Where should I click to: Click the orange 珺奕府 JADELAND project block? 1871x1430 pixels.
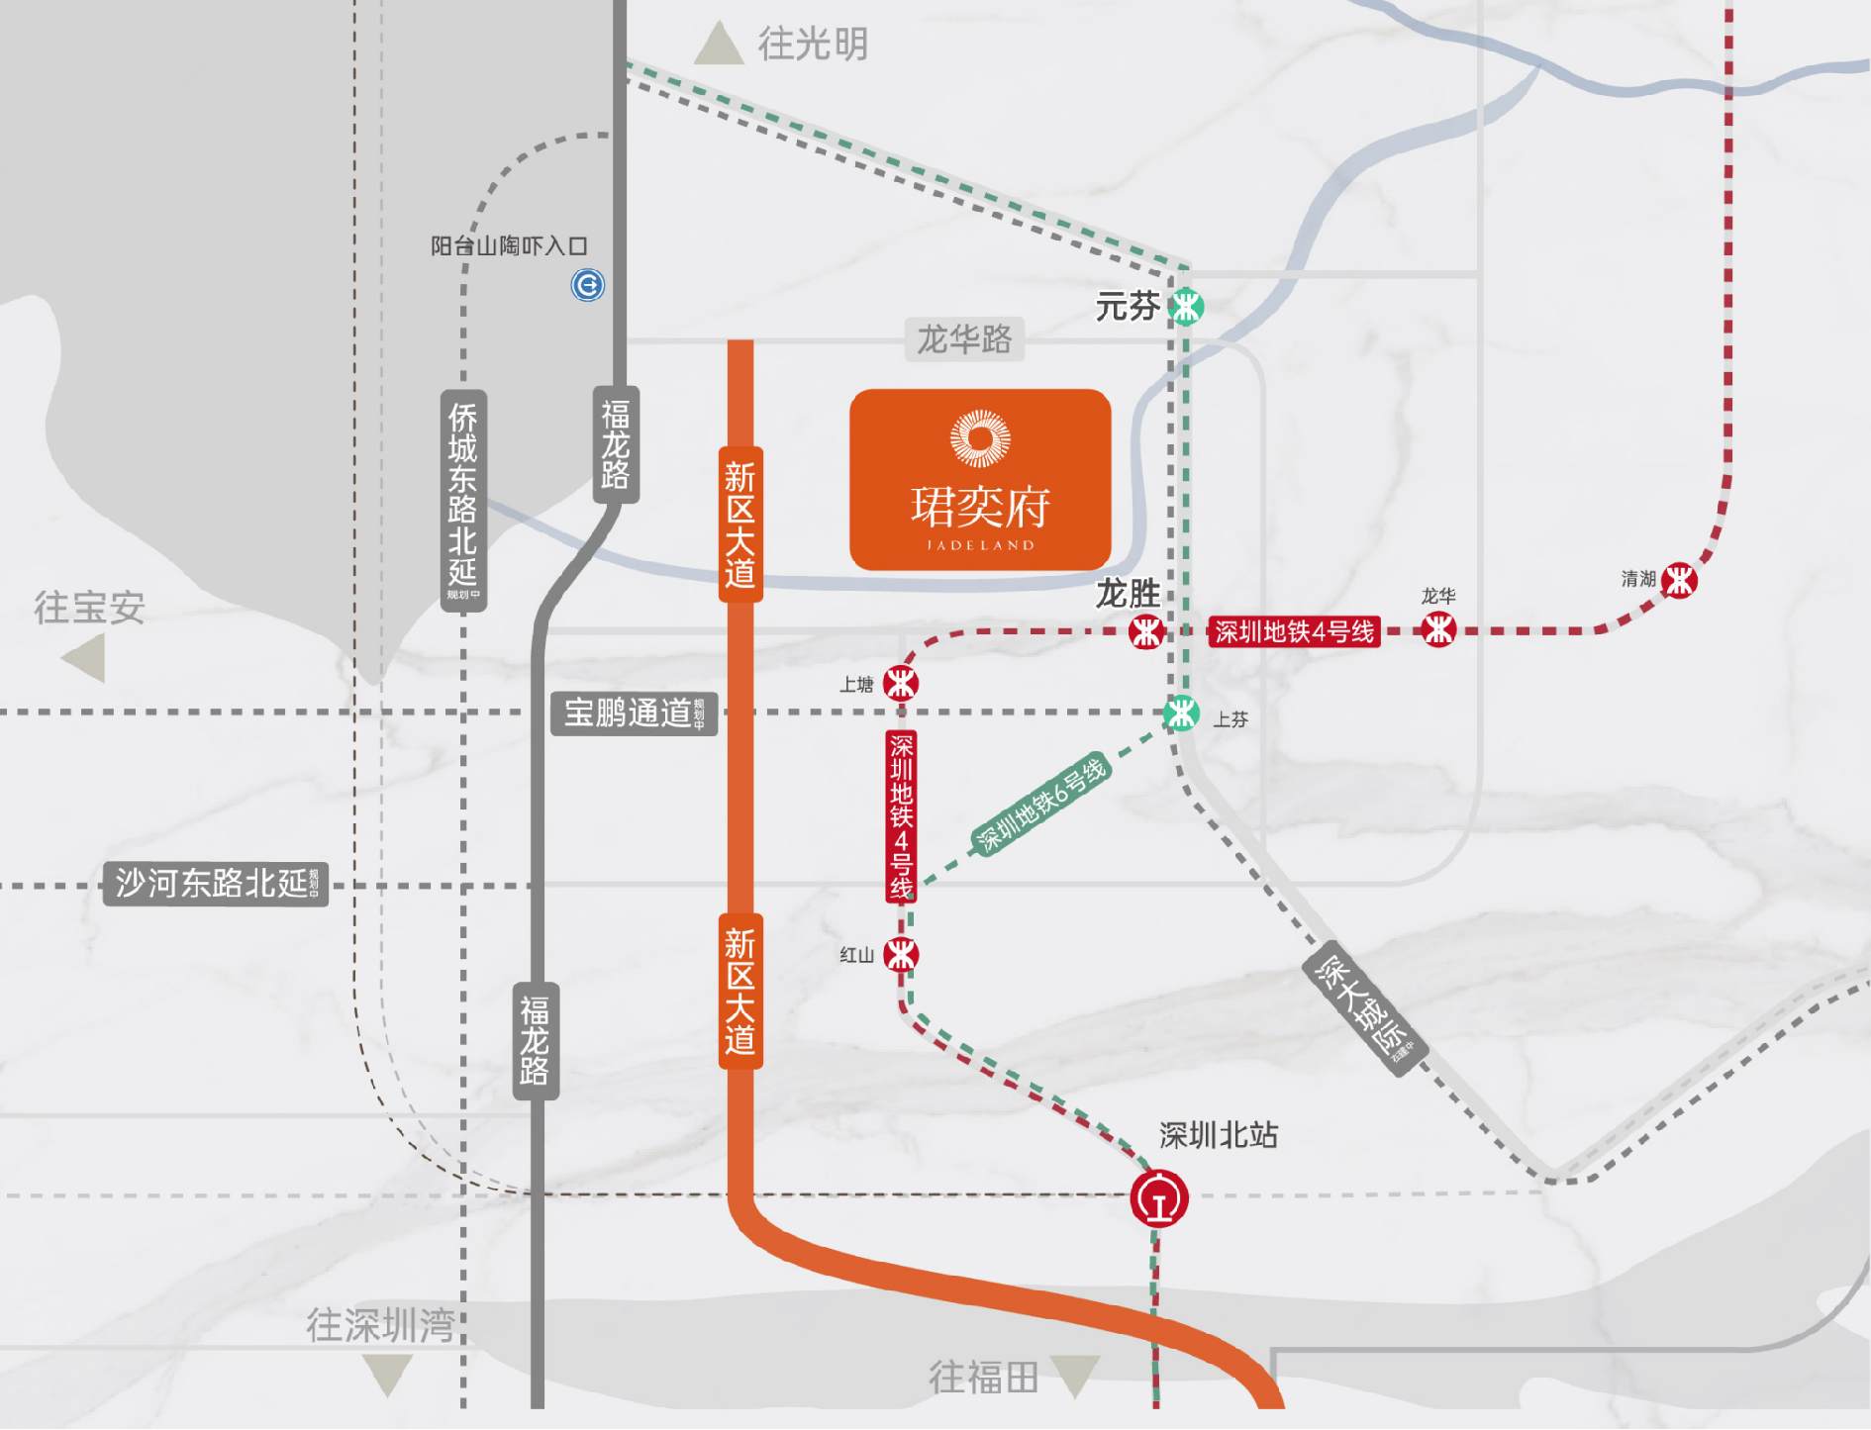(x=980, y=480)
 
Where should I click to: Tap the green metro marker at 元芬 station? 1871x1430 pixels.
(x=1186, y=306)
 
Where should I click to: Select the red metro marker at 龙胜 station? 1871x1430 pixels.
(x=1145, y=630)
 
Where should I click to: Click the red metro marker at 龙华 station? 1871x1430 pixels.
(x=1437, y=629)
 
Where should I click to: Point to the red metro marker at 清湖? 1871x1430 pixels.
(x=1679, y=580)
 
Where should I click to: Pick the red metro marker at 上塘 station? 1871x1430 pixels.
(x=901, y=683)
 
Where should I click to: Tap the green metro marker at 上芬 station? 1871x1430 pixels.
(x=1181, y=713)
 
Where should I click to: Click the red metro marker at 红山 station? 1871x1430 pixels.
(x=901, y=955)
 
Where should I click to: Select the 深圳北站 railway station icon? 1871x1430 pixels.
(x=1159, y=1198)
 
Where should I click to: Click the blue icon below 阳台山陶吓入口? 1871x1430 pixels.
(x=588, y=285)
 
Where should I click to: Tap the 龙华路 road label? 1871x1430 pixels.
(x=964, y=339)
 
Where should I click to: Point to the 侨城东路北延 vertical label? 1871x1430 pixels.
(x=463, y=500)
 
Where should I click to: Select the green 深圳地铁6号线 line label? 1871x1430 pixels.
(x=1040, y=805)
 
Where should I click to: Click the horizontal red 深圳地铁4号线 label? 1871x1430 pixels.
(x=1294, y=631)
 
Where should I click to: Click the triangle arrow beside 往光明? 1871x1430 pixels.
(x=719, y=46)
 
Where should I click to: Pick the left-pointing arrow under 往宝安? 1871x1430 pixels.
(x=86, y=658)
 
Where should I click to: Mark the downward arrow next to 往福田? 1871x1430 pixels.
(x=1075, y=1375)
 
